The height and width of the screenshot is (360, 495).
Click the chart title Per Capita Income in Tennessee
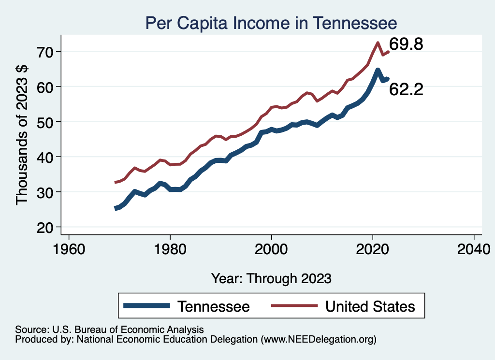271,23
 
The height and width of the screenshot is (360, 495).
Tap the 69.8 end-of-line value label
406,45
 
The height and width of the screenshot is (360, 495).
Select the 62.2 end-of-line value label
406,89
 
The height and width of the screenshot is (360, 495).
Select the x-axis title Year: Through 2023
271,278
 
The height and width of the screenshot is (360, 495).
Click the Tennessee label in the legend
213,306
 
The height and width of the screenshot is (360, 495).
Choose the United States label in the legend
370,306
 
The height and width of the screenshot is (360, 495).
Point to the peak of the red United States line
378,43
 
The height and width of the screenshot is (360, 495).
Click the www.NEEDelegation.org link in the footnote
317,340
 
